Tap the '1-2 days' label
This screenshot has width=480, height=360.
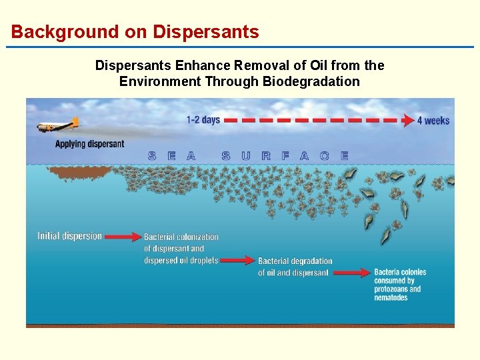point(203,120)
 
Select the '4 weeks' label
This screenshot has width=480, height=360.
point(433,121)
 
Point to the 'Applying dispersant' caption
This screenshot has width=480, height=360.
point(89,144)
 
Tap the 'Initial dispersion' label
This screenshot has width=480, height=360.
point(70,236)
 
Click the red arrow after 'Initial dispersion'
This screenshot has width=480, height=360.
point(123,236)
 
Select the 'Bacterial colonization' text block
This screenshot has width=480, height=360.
point(181,249)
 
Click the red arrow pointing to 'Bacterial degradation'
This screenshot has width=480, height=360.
point(237,260)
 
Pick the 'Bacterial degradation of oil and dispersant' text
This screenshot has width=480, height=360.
point(295,267)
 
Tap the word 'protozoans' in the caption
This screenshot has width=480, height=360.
point(397,289)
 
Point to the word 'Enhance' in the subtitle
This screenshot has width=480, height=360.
point(198,65)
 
